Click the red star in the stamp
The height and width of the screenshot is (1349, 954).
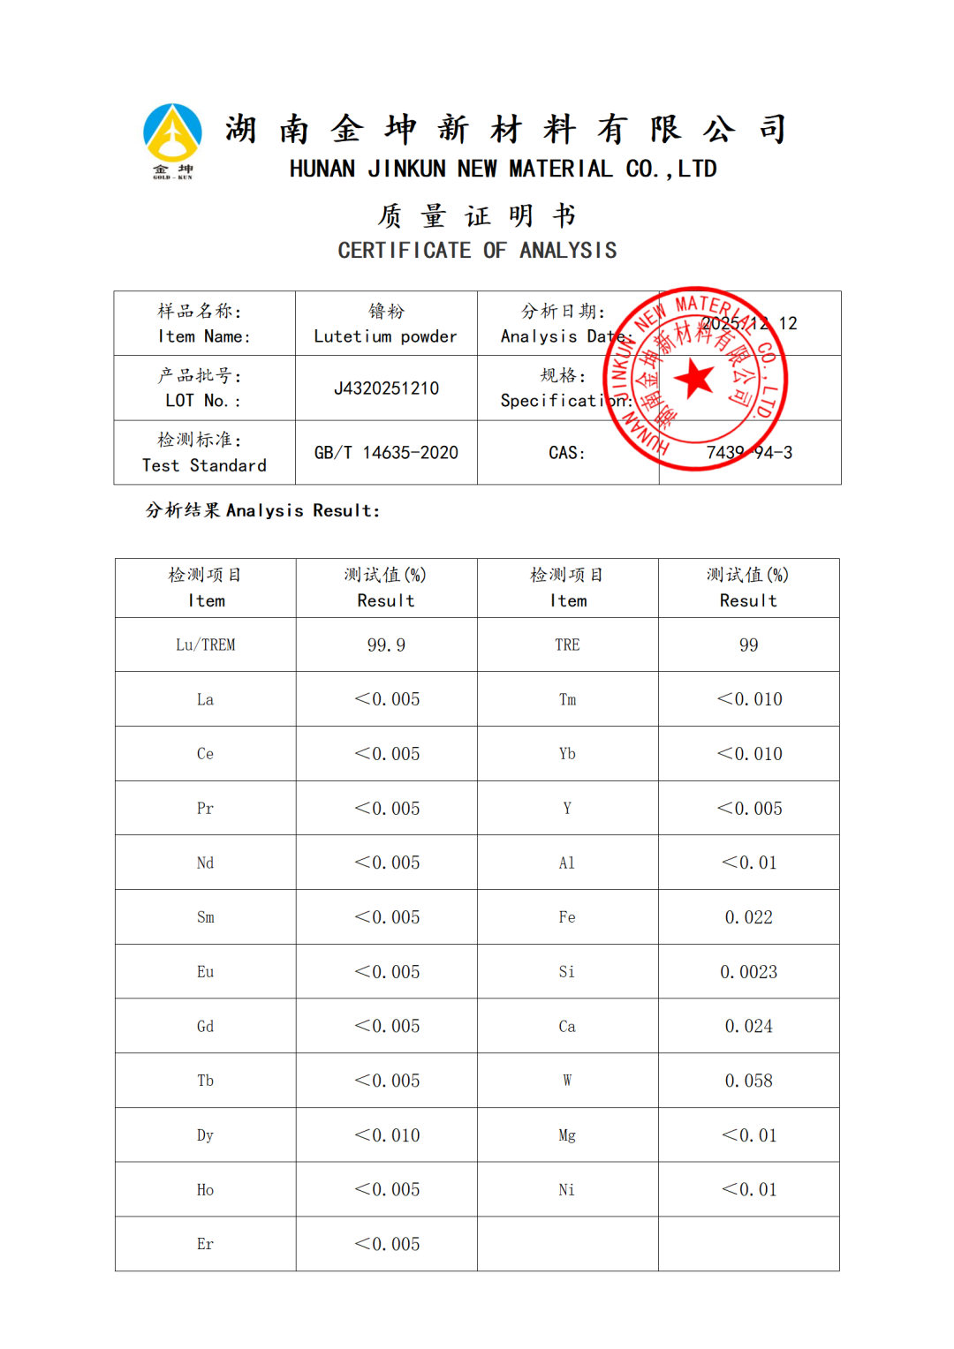click(x=694, y=379)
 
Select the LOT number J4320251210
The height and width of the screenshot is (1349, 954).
click(x=386, y=388)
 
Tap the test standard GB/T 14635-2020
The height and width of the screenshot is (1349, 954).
click(x=386, y=453)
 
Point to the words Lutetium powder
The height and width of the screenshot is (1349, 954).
click(x=385, y=336)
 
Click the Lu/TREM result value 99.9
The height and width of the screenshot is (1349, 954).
click(x=386, y=645)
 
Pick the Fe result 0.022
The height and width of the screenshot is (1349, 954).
click(x=748, y=917)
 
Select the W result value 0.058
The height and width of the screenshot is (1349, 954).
click(x=748, y=1081)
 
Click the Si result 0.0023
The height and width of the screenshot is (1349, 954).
click(x=748, y=972)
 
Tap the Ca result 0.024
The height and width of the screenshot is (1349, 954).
click(x=748, y=1026)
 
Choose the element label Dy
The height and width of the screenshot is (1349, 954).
click(x=205, y=1135)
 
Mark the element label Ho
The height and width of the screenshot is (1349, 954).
click(x=205, y=1190)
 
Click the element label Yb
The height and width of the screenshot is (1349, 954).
click(x=567, y=754)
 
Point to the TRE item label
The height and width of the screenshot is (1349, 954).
click(x=567, y=645)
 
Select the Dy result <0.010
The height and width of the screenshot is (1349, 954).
click(x=387, y=1135)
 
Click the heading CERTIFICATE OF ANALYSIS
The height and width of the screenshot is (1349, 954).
click(x=477, y=251)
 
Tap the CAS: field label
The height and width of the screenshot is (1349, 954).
click(x=567, y=453)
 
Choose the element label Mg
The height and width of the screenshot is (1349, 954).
click(x=567, y=1135)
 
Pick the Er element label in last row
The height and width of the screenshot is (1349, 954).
click(x=205, y=1244)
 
